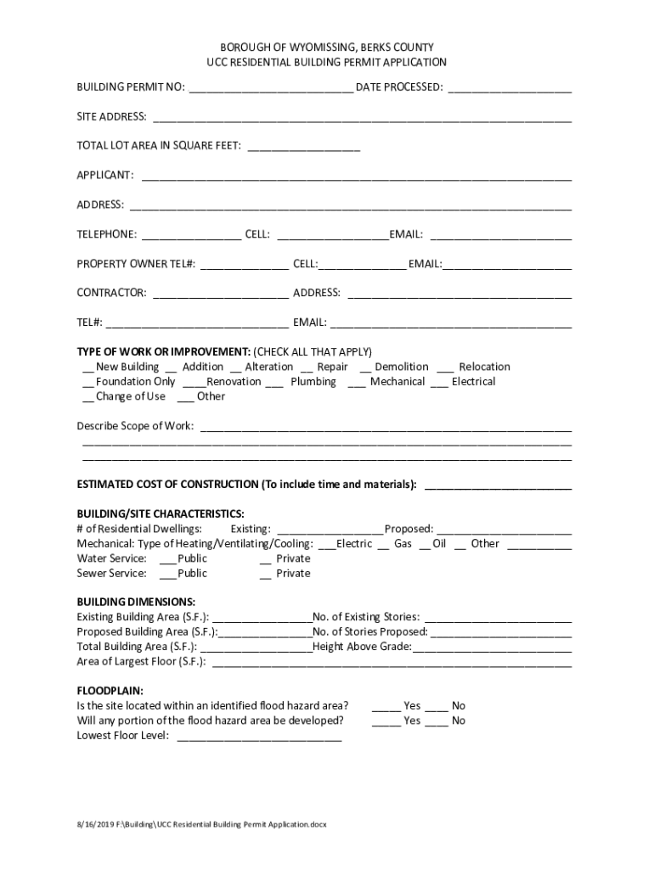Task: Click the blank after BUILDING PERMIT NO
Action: coord(271,88)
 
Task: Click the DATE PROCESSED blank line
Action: coord(509,88)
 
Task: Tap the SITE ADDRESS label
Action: coord(111,117)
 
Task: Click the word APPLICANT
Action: coord(104,176)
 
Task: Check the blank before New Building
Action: coord(87,368)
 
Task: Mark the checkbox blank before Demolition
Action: coord(365,368)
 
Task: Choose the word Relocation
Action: coord(484,367)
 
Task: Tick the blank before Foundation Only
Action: coord(87,383)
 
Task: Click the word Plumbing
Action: coord(313,382)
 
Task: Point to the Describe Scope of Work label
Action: coord(135,426)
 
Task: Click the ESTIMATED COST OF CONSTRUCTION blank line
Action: coord(497,485)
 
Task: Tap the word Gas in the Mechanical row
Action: coord(403,544)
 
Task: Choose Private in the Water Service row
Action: coord(293,559)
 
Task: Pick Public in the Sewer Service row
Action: coord(192,574)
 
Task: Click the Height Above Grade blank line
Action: coord(492,648)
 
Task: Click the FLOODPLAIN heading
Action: coord(110,691)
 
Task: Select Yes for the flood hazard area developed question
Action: coord(411,720)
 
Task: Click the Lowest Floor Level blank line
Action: coord(259,737)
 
